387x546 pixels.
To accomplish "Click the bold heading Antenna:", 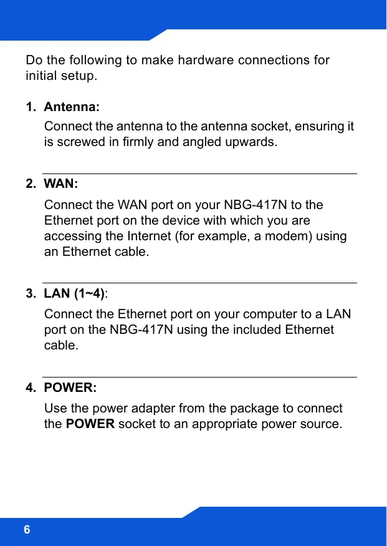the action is pyautogui.click(x=72, y=107).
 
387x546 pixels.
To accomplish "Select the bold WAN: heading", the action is pyautogui.click(x=61, y=184).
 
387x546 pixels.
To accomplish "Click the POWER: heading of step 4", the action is pyautogui.click(x=70, y=388).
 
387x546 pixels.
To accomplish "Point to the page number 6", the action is pyautogui.click(x=27, y=530).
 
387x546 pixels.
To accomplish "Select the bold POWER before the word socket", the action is pyautogui.click(x=90, y=424).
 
